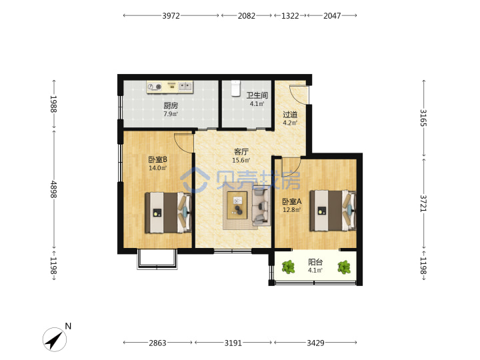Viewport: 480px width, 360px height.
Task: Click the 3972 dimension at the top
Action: pos(171,15)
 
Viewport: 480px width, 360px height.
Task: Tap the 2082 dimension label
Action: pos(247,15)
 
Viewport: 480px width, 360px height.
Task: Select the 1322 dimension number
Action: pos(290,15)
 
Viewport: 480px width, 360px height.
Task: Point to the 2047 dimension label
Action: pos(332,15)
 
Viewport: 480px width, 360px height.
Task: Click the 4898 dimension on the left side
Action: pos(54,189)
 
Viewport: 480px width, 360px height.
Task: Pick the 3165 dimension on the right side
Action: pos(423,118)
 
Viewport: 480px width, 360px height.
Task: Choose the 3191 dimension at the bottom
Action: pos(233,343)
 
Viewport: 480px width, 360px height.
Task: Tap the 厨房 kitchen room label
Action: pos(171,105)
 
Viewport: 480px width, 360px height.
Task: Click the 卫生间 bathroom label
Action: pos(257,95)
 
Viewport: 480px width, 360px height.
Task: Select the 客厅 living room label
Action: pos(241,151)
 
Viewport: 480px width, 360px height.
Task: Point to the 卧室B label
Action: pos(157,159)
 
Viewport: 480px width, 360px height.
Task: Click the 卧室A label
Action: pos(292,201)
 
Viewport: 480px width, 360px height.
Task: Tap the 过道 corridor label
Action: pos(290,115)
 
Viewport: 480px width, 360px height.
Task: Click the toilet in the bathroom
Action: pos(235,89)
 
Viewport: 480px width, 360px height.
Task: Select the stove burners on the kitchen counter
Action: pos(155,87)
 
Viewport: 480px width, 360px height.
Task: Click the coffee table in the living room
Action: pos(237,205)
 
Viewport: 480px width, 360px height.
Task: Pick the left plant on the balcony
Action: pos(288,267)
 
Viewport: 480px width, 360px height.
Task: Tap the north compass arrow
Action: pos(55,339)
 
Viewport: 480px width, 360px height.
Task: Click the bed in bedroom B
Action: pos(169,213)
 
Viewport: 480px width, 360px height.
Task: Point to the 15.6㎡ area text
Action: pos(241,160)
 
